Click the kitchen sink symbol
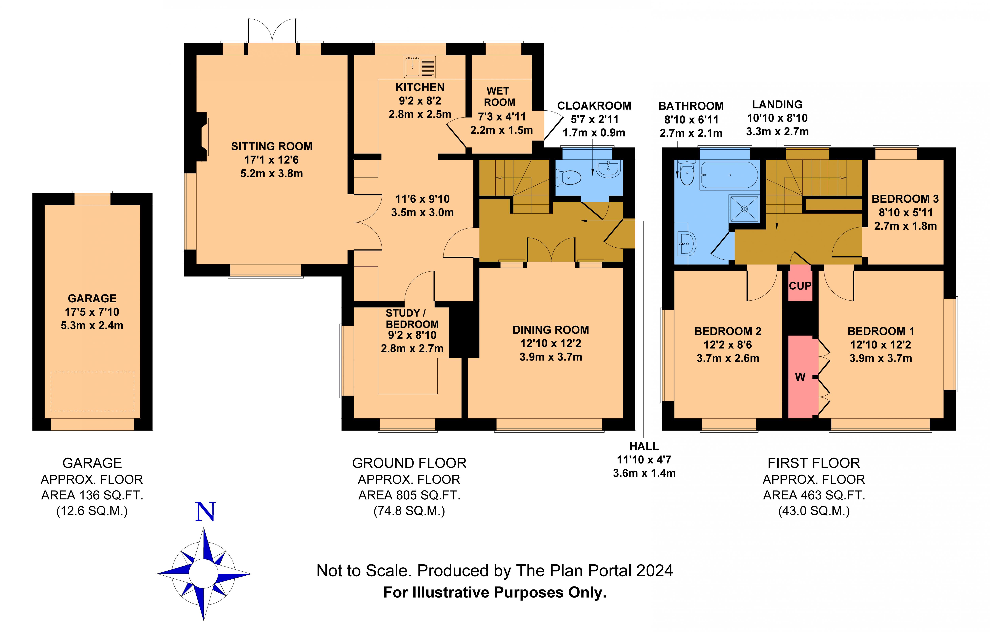pyautogui.click(x=419, y=67)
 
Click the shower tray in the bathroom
pyautogui.click(x=744, y=209)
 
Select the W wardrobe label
pyautogui.click(x=800, y=377)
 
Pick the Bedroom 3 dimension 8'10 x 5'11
pyautogui.click(x=905, y=213)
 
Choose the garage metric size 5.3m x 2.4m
pyautogui.click(x=92, y=325)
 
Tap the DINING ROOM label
pyautogui.click(x=550, y=330)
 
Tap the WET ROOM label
pyautogui.click(x=499, y=97)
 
